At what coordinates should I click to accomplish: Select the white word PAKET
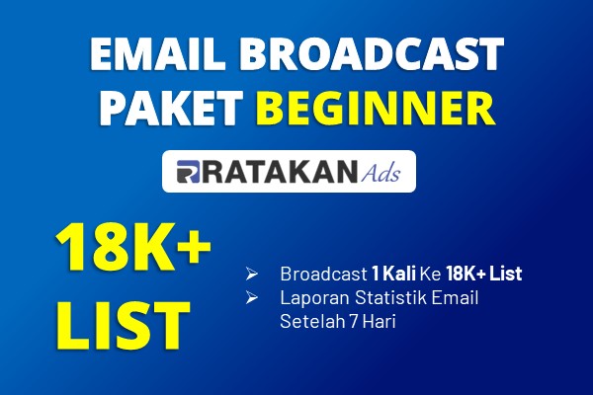171,108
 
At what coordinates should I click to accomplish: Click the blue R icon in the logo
188,172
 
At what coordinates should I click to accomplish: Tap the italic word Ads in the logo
381,173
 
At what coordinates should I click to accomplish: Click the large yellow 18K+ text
133,248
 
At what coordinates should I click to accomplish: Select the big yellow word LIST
123,325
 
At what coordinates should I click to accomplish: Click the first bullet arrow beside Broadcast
251,274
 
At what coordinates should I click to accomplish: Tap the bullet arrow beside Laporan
251,298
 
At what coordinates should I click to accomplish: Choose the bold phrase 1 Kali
393,274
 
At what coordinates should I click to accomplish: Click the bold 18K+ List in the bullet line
484,274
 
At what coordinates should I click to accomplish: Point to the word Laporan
314,298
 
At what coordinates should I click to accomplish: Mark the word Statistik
390,298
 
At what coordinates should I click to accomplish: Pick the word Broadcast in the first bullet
324,274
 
